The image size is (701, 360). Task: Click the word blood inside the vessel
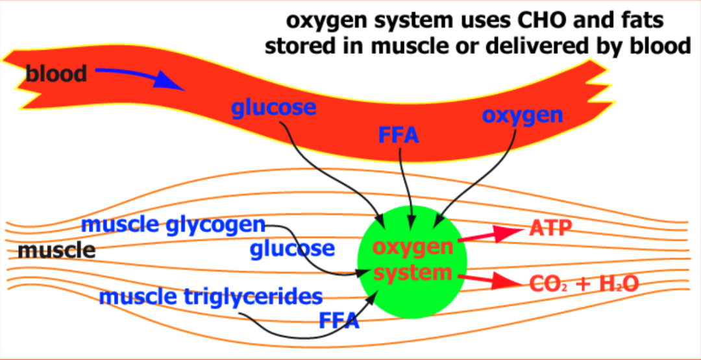[56, 74]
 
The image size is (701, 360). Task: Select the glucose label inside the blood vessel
[274, 108]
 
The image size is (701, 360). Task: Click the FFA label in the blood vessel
[399, 136]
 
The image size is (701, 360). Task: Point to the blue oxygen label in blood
[522, 115]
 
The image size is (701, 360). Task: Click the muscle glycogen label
[174, 225]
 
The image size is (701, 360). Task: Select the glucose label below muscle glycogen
[293, 248]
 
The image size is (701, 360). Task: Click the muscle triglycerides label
[211, 297]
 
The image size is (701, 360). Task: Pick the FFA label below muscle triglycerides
[339, 320]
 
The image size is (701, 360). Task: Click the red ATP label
[551, 228]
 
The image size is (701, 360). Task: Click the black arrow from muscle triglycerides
[305, 332]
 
